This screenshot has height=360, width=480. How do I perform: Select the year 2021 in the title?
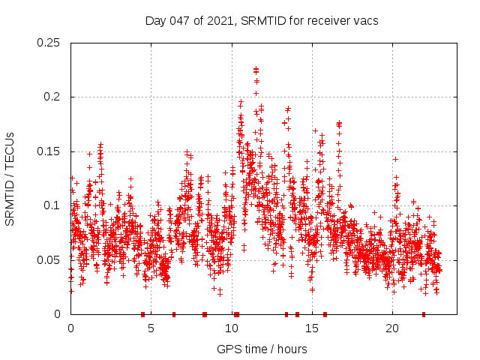217,21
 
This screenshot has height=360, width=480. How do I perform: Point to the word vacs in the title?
366,21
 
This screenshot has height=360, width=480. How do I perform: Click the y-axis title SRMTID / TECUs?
10,178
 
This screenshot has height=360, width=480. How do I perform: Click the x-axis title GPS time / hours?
261,349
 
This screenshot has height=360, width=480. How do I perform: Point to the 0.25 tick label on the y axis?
49,43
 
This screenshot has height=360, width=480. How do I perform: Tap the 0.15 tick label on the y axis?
49,151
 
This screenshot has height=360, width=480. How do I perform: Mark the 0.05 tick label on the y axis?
49,259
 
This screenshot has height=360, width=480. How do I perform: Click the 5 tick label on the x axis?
151,328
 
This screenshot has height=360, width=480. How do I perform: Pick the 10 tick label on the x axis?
231,328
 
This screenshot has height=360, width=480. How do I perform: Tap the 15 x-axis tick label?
311,328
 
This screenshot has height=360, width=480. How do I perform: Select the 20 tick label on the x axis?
391,328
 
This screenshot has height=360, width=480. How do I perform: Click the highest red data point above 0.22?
256,69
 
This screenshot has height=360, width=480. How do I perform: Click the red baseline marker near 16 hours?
325,314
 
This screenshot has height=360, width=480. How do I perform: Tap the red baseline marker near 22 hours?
424,314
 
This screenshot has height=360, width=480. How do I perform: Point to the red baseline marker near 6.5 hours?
174,314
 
